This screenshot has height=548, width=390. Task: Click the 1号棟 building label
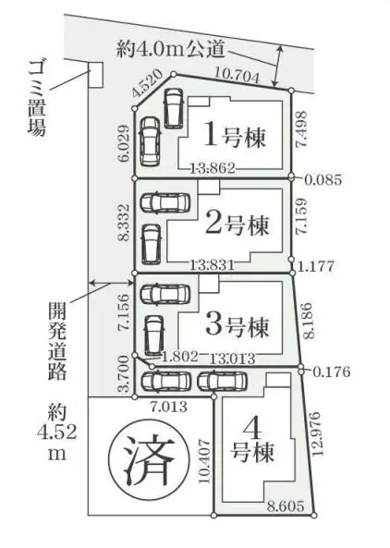[x=235, y=136]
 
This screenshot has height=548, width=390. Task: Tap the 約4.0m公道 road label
[x=170, y=49]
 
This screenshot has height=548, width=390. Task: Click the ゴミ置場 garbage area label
[x=37, y=98]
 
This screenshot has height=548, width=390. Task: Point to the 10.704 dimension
[x=238, y=75]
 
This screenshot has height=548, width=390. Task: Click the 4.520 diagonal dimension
[x=148, y=84]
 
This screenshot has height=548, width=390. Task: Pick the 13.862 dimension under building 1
[x=213, y=168]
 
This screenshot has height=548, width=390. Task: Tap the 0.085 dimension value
[x=323, y=179]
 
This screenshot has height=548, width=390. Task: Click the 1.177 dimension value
[x=316, y=266]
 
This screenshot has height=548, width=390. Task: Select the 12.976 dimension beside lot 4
[x=315, y=433]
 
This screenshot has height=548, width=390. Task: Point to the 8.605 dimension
[x=286, y=505]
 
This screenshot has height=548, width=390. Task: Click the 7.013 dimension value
[x=168, y=407]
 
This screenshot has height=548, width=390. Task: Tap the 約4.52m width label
[x=57, y=432]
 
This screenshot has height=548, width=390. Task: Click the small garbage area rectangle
[x=95, y=75]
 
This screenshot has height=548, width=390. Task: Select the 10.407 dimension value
[x=205, y=461]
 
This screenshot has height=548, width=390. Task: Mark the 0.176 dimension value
[x=331, y=371]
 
